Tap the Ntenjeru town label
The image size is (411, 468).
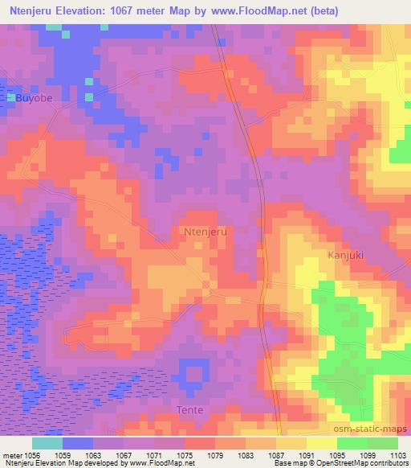pos(206,232)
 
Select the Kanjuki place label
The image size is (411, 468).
pos(347,254)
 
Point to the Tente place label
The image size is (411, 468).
pos(189,410)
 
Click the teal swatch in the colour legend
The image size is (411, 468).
pos(47,443)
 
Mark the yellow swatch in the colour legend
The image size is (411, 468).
pos(322,443)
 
